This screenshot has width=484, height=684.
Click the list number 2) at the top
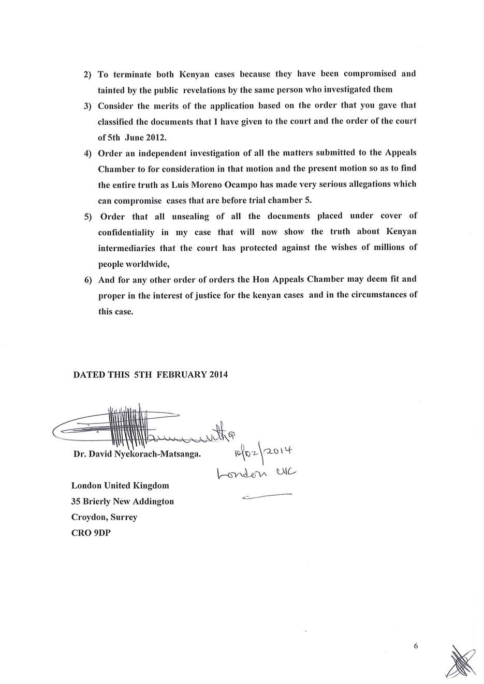point(87,74)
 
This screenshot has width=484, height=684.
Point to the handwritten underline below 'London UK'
point(267,496)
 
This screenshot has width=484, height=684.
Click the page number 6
point(415,646)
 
